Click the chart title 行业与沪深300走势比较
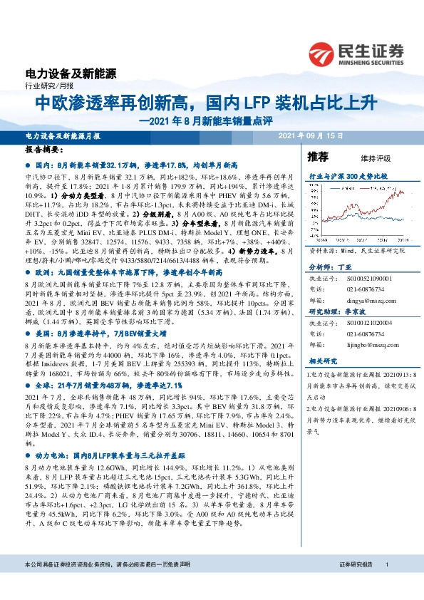tap(348, 175)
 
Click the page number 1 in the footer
tap(386, 564)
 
